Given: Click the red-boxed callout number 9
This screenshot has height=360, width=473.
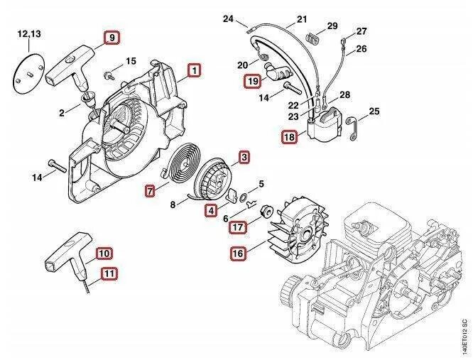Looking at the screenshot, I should click(112, 38).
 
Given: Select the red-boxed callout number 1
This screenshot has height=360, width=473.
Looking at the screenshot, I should click(193, 70).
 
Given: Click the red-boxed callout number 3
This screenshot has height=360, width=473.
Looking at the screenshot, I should click(244, 156).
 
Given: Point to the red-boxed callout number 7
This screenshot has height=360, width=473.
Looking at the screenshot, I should click(151, 190).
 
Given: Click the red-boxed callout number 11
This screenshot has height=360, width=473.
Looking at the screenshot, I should click(109, 273).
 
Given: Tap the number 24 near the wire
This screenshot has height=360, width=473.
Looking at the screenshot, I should click(227, 18).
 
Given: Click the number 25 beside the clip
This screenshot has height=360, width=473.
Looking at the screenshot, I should click(374, 111).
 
